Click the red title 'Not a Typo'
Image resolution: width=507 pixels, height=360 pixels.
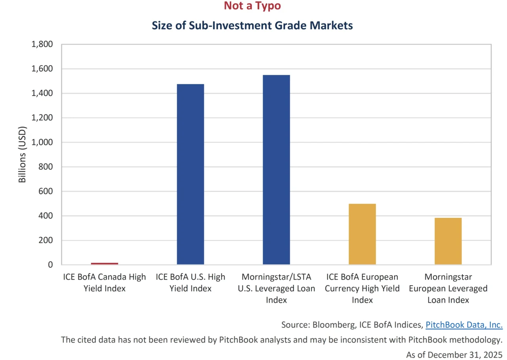(x=252, y=6)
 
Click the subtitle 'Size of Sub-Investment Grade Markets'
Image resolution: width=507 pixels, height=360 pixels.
(x=252, y=26)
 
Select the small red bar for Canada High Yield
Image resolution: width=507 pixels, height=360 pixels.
(x=105, y=263)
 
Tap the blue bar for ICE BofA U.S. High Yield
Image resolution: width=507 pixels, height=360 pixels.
(x=191, y=174)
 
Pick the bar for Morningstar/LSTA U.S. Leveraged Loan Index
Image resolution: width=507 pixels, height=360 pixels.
(x=276, y=170)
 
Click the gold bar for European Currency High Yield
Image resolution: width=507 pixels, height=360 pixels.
(x=362, y=234)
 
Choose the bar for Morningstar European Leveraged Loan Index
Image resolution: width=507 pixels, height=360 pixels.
(x=448, y=241)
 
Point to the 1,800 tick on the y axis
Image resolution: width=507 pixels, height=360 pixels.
(x=42, y=44)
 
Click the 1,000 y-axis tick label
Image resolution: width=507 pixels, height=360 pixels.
(x=42, y=142)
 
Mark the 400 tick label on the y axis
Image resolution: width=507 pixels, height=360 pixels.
(x=46, y=216)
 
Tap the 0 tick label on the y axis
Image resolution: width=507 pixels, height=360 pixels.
(x=50, y=265)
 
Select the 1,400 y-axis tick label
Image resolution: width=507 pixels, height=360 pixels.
(x=42, y=93)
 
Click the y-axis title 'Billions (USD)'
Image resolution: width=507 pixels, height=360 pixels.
(x=22, y=154)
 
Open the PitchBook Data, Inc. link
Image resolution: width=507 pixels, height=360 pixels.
(x=464, y=325)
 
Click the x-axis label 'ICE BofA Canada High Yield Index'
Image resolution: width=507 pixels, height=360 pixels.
(x=105, y=282)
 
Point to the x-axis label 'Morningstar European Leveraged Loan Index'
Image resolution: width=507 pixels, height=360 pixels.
(x=448, y=288)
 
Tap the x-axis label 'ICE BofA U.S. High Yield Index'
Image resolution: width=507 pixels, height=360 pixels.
(x=191, y=282)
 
